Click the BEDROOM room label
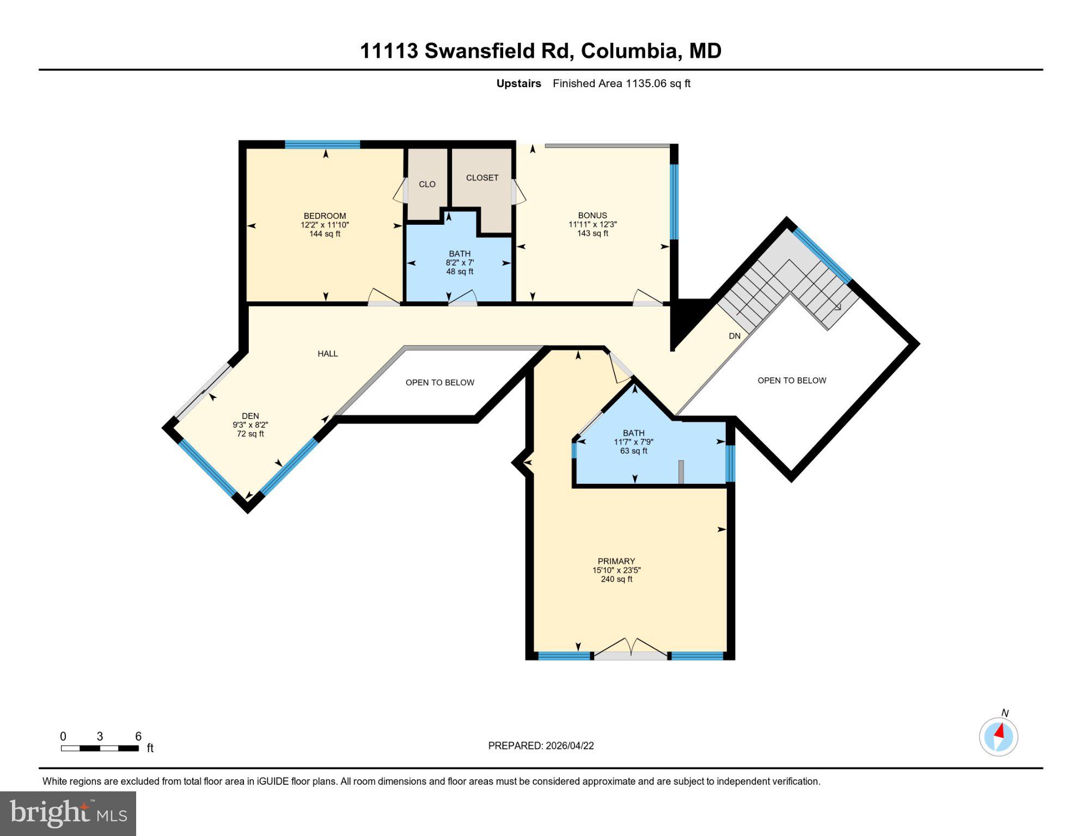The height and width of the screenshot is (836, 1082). [325, 216]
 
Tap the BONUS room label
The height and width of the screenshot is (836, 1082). [592, 216]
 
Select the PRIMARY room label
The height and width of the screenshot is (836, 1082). [616, 561]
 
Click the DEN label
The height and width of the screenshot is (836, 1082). [250, 416]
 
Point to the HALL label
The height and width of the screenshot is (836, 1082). [328, 354]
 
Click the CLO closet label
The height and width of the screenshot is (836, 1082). [427, 185]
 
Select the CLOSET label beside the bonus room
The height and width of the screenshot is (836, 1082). [482, 178]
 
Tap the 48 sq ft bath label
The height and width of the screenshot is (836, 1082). [460, 262]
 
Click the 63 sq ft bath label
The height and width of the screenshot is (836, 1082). [633, 442]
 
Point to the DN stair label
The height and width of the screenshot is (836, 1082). [735, 336]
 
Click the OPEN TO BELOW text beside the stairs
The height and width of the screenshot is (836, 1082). [792, 380]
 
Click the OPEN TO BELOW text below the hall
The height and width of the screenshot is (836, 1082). [440, 383]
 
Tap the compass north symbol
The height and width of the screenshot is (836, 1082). [999, 736]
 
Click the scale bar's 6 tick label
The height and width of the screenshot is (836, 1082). [138, 736]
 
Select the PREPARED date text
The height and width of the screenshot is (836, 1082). [541, 746]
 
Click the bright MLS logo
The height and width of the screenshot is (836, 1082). [68, 813]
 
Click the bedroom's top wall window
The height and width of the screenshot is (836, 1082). [322, 145]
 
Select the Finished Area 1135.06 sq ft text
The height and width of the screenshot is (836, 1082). [621, 84]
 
